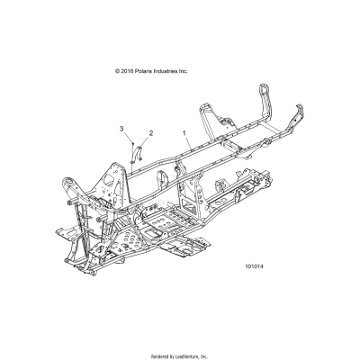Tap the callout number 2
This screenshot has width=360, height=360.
click(150, 133)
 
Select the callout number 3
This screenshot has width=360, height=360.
click(121, 130)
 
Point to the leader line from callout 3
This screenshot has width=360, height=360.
click(127, 138)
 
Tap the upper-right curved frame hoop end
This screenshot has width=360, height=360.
click(266, 94)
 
